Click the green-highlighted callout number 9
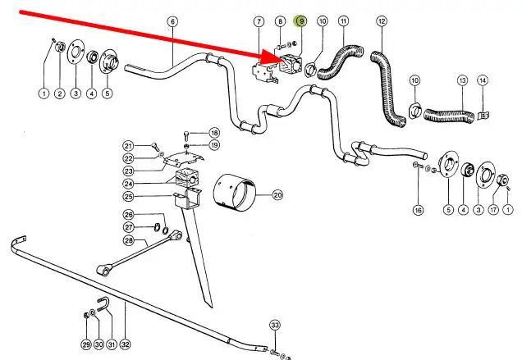300,21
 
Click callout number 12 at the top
382,21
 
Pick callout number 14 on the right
483,80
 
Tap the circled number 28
128,240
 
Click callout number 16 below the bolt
418,211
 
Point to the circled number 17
493,211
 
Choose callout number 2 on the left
60,94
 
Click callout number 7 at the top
259,21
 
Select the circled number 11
342,21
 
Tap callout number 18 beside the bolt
214,133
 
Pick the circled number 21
128,145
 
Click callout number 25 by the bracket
128,197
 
